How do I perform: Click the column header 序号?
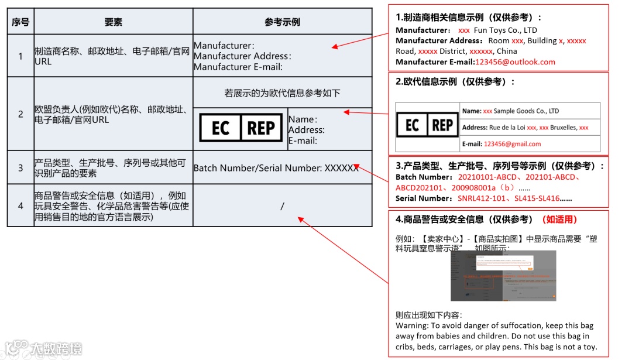[x=20, y=22]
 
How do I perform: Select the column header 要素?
[x=114, y=22]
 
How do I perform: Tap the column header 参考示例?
[x=282, y=22]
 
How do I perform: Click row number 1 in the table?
[x=20, y=56]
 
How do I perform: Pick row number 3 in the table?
[x=20, y=168]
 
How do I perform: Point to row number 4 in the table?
[x=20, y=206]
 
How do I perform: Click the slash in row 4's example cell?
[x=282, y=206]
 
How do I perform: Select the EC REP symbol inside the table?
[x=241, y=128]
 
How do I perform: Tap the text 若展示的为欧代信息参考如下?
[x=282, y=93]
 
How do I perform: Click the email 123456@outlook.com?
[x=515, y=62]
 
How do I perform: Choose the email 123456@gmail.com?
[x=512, y=144]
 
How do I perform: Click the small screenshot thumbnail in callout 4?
[x=503, y=275]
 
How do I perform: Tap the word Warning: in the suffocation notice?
[x=413, y=325]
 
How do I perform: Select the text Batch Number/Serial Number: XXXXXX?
[x=276, y=168]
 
